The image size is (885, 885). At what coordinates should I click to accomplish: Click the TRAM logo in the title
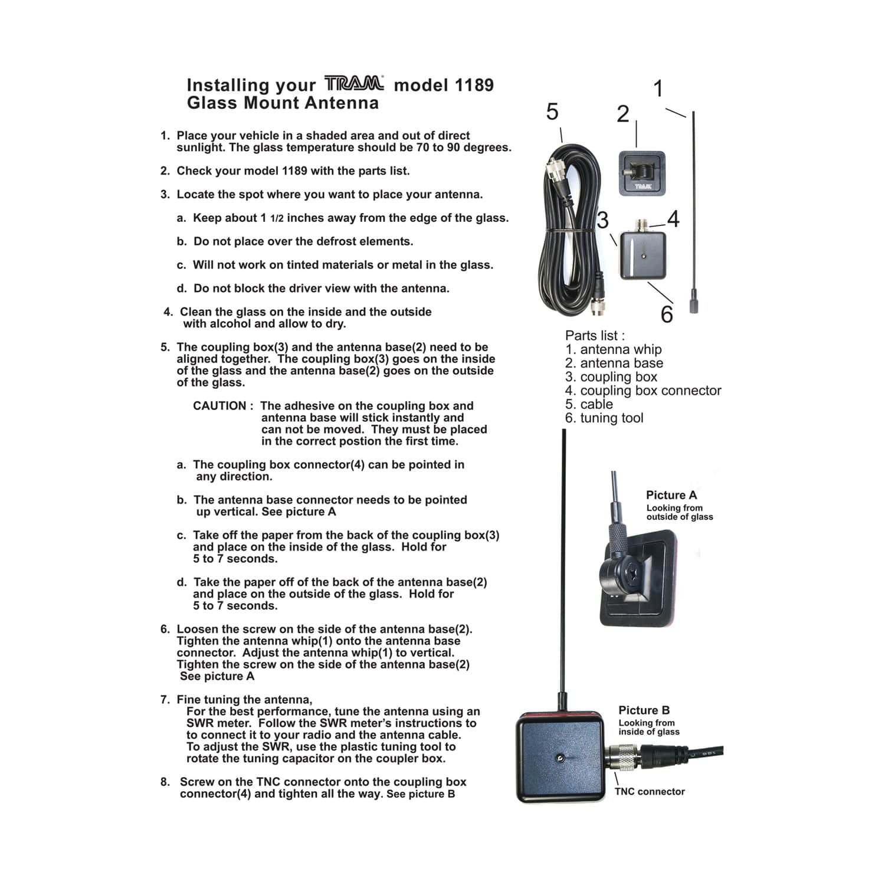point(354,84)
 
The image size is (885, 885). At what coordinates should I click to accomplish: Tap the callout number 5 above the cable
point(552,112)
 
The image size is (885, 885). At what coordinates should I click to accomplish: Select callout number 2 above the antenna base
point(623,114)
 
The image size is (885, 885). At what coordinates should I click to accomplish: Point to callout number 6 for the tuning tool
point(667,314)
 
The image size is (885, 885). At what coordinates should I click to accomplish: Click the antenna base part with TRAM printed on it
point(641,173)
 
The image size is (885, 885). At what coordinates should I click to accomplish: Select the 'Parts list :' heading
point(595,336)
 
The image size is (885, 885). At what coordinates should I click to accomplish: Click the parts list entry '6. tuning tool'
point(604,418)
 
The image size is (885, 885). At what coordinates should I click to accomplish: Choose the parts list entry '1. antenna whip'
point(614,349)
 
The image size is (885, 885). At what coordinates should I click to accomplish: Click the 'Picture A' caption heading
point(671,495)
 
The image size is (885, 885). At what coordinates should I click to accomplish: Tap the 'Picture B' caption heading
point(644,710)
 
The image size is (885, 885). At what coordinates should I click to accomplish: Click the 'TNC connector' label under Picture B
point(650,792)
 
